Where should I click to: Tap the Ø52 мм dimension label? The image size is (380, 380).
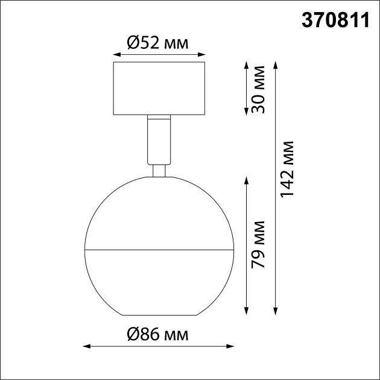[x=158, y=43]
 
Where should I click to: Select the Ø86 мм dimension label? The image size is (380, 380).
[x=158, y=334]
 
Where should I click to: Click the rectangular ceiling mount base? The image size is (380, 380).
[x=159, y=87]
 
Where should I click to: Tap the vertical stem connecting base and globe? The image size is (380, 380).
[x=159, y=139]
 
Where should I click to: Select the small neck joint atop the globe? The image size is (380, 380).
[x=159, y=170]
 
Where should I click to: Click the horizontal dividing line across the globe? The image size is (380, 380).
[x=159, y=249]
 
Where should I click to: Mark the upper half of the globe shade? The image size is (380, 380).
[x=159, y=214]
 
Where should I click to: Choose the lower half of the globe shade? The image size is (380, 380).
[x=159, y=280]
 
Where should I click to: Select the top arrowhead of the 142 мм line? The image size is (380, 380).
[x=276, y=63]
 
